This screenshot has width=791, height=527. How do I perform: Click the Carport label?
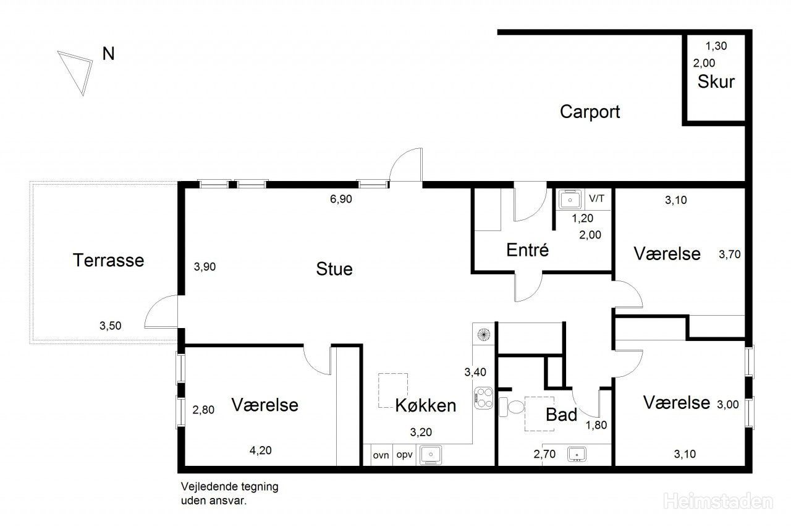590,112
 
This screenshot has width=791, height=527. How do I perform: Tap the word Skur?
716,82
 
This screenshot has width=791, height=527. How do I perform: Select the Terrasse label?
108,260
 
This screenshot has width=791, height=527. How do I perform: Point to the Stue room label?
334,269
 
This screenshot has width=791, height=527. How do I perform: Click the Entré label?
527,250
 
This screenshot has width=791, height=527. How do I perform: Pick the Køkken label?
426,405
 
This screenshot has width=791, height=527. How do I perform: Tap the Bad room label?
562,415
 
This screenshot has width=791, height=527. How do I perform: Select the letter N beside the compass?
108,54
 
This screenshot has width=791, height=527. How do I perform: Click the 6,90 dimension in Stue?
341,199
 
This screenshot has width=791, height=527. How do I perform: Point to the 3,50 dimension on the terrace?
110,326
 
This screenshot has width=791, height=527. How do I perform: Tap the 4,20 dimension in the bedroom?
261,450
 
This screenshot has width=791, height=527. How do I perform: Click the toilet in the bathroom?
511,407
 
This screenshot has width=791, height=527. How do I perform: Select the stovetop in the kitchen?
483,398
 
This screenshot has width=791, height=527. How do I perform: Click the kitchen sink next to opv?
431,455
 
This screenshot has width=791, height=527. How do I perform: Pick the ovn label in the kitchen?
381,455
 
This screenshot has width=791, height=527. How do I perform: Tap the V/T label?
596,198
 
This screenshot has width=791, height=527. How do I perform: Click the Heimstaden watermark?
718,501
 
